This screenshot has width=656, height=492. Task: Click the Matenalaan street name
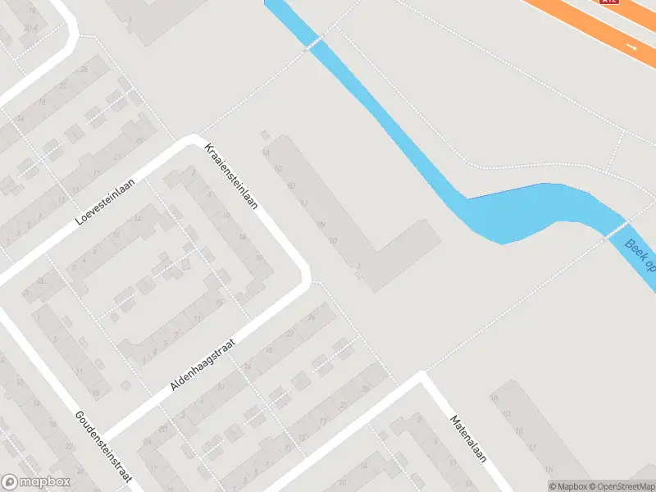click(x=468, y=439)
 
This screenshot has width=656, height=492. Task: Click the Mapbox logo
click(x=34, y=482)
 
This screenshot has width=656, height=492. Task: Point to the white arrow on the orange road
click(x=631, y=47)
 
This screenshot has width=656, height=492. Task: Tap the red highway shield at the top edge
click(x=608, y=2)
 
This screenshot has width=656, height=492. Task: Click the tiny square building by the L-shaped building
click(x=264, y=134)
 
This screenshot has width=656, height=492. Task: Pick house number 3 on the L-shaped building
click(x=359, y=266)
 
